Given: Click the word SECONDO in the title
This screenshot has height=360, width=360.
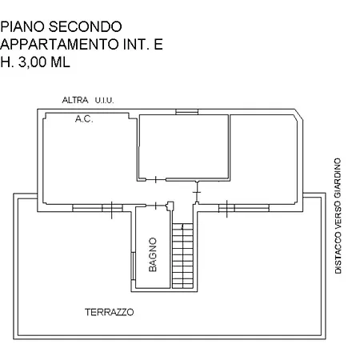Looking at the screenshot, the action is click(x=85, y=26).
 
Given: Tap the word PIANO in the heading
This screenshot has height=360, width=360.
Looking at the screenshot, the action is click(x=22, y=26).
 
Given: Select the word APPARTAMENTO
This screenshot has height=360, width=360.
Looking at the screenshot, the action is click(x=59, y=44).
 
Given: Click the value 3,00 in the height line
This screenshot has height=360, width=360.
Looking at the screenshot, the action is click(x=32, y=62).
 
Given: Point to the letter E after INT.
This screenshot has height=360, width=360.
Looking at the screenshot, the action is click(x=158, y=44).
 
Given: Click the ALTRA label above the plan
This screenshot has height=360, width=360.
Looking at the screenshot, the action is click(x=75, y=100).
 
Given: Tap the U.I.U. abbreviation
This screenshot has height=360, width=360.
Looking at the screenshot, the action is click(x=104, y=101).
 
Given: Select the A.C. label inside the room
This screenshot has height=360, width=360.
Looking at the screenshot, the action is click(x=84, y=118).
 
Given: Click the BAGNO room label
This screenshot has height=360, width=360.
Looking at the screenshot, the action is click(x=153, y=254).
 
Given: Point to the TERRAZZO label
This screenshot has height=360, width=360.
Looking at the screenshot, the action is click(x=110, y=312).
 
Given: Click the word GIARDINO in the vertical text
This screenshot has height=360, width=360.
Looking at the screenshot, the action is click(x=338, y=178).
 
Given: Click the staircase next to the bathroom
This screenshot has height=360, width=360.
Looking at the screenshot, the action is click(x=182, y=256).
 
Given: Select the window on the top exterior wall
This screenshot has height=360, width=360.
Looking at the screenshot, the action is click(x=186, y=111).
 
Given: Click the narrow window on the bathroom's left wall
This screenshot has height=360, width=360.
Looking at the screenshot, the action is click(x=133, y=266).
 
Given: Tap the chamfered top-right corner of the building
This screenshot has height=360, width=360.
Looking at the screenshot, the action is click(x=298, y=115).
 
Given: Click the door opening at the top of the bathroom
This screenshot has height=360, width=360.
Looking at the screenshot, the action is click(x=156, y=206).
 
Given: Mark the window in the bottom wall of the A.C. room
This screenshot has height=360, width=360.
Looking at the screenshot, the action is click(x=98, y=208).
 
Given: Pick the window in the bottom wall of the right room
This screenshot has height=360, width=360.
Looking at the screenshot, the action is click(x=244, y=208).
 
